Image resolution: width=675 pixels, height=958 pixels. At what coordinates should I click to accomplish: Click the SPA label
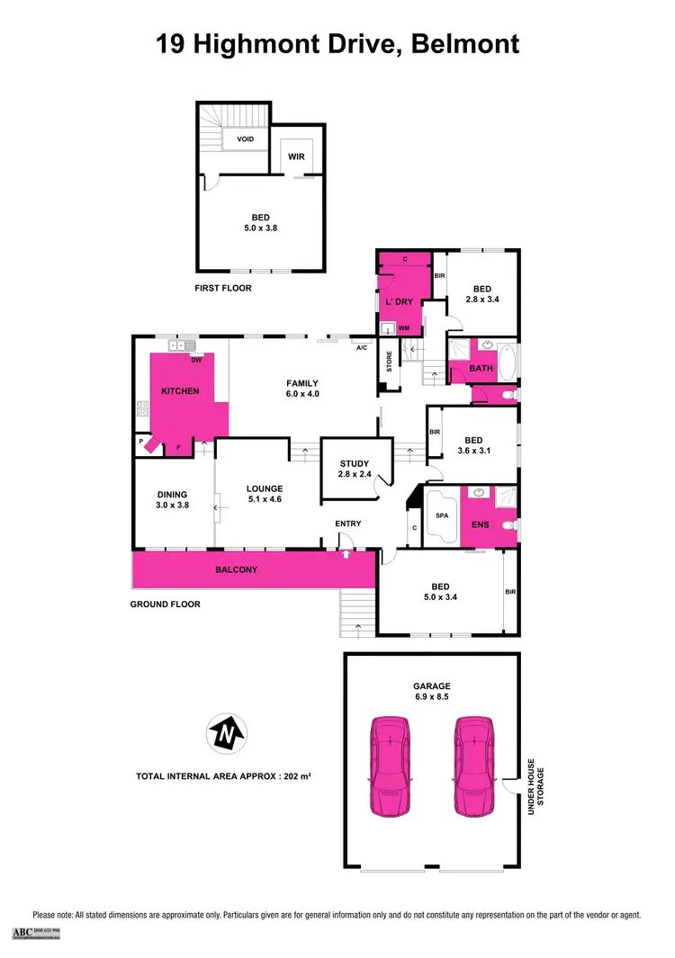pyautogui.click(x=441, y=516)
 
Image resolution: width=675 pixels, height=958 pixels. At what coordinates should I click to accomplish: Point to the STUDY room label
pyautogui.click(x=353, y=464)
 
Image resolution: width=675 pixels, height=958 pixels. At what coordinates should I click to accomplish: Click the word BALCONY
pyautogui.click(x=236, y=569)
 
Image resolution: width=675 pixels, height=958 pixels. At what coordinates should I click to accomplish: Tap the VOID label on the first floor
pyautogui.click(x=245, y=139)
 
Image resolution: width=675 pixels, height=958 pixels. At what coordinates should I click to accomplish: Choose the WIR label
pyautogui.click(x=296, y=157)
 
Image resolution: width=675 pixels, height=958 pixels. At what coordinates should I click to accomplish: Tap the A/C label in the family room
pyautogui.click(x=362, y=347)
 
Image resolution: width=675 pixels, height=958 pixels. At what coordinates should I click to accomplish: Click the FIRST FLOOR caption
pyautogui.click(x=223, y=288)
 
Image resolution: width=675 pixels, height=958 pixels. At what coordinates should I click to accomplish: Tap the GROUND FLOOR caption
pyautogui.click(x=165, y=604)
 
